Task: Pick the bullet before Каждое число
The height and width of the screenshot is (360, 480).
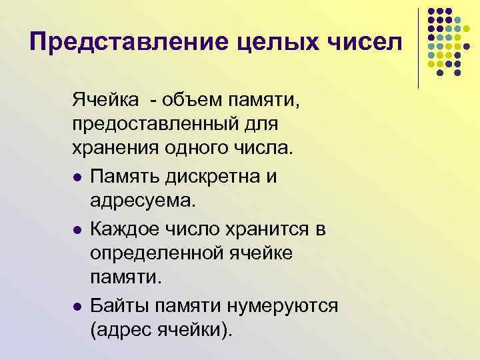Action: (x=77, y=231)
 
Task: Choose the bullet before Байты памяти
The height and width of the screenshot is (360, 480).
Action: (x=77, y=307)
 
